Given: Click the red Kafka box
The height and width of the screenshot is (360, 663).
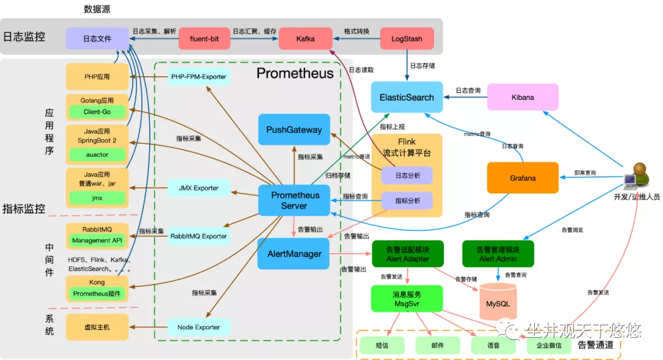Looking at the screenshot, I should coord(305,39).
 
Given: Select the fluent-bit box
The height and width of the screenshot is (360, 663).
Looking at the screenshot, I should coord(204,39).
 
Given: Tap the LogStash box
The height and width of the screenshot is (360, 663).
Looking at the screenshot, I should coord(407,39).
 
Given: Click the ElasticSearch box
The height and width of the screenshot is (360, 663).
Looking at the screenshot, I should coord(406,97).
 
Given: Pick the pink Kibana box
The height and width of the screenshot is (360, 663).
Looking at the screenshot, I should coord(522,97).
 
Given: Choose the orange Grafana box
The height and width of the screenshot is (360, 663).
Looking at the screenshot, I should coord(522,178).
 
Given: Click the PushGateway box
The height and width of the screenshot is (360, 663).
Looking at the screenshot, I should coord(294,130).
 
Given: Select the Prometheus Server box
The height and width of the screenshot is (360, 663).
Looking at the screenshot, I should coord(294,200).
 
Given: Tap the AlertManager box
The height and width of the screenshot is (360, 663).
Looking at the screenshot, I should coord(294,254).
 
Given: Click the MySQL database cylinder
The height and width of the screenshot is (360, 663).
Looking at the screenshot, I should coord(498,300).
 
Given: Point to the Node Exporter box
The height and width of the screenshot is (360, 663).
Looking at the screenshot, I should coord(198,327).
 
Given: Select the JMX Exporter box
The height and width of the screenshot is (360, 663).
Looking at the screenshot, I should coord(198,188).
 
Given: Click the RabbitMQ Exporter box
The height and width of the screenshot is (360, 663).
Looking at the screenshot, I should coord(198,236).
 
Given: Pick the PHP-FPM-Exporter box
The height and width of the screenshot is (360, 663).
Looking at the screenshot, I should coord(198,77).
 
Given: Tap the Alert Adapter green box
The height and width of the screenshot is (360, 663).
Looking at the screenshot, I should coord(408,254).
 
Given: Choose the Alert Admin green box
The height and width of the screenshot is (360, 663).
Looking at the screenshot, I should coord(498,254).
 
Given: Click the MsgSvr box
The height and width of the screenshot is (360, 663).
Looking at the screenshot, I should coord(406,299).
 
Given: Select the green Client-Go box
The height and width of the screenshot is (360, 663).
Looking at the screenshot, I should coord(97,112).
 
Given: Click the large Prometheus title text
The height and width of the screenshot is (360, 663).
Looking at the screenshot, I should coord(295,74).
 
